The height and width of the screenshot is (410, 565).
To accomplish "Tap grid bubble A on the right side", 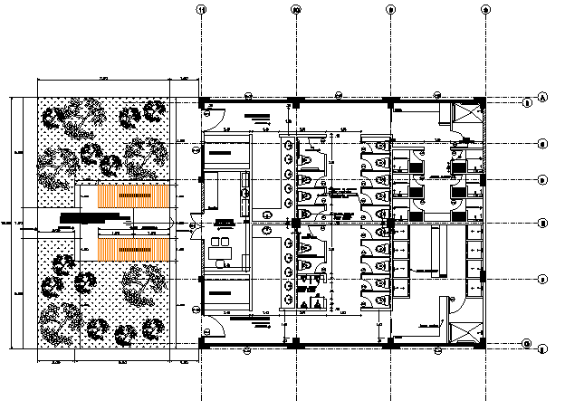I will click(x=542, y=98).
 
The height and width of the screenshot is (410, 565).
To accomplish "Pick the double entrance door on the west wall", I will click(x=193, y=224).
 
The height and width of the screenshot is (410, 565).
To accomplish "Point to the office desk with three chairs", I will click(x=221, y=244).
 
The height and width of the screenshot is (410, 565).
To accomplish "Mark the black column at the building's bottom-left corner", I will click(x=201, y=344).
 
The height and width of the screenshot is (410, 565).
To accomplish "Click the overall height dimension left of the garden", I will click(x=9, y=222).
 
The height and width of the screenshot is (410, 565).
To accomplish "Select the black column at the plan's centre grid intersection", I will click(x=296, y=222).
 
